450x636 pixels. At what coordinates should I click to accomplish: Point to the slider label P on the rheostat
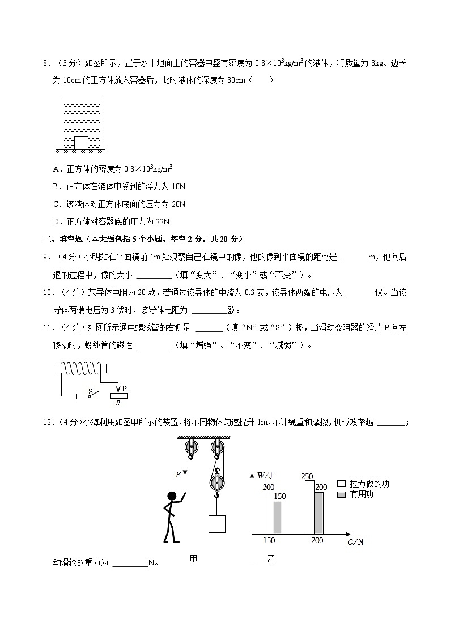[x=124, y=389]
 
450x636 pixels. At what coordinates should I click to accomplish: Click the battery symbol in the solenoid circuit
[x=75, y=396]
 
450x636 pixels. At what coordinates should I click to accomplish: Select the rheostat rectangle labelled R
[x=118, y=396]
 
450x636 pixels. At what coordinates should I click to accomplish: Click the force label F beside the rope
[x=177, y=475]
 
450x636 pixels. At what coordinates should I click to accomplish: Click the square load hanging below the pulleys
[x=217, y=523]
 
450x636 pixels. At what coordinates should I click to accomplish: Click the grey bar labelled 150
[x=278, y=517]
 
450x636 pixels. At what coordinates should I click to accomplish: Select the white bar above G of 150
[x=268, y=513]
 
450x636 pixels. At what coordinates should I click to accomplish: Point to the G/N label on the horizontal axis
[x=355, y=542]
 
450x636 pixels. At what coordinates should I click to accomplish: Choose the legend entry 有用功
[x=362, y=494]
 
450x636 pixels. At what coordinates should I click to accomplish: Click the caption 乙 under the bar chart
[x=270, y=559]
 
